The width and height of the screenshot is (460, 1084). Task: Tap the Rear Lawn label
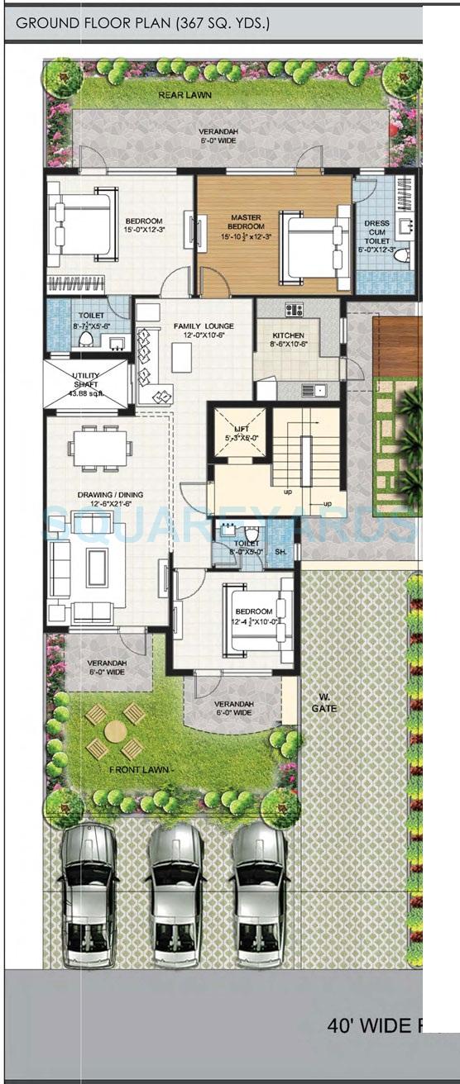[184, 95]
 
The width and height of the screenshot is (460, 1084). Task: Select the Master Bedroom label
[247, 222]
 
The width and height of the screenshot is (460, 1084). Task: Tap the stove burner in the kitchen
[294, 310]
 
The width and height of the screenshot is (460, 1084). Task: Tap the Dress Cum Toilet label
[377, 235]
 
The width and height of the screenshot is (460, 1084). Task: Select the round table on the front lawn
[116, 731]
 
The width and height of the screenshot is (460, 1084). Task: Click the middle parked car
[175, 888]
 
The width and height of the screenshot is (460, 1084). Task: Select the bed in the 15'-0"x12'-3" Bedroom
[82, 225]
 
